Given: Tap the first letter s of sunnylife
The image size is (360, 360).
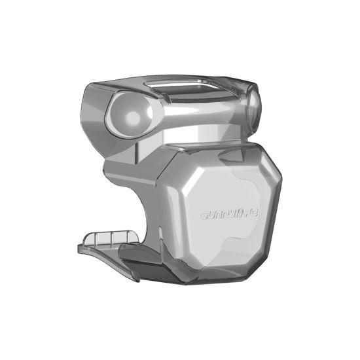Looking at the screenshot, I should [x=202, y=214].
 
